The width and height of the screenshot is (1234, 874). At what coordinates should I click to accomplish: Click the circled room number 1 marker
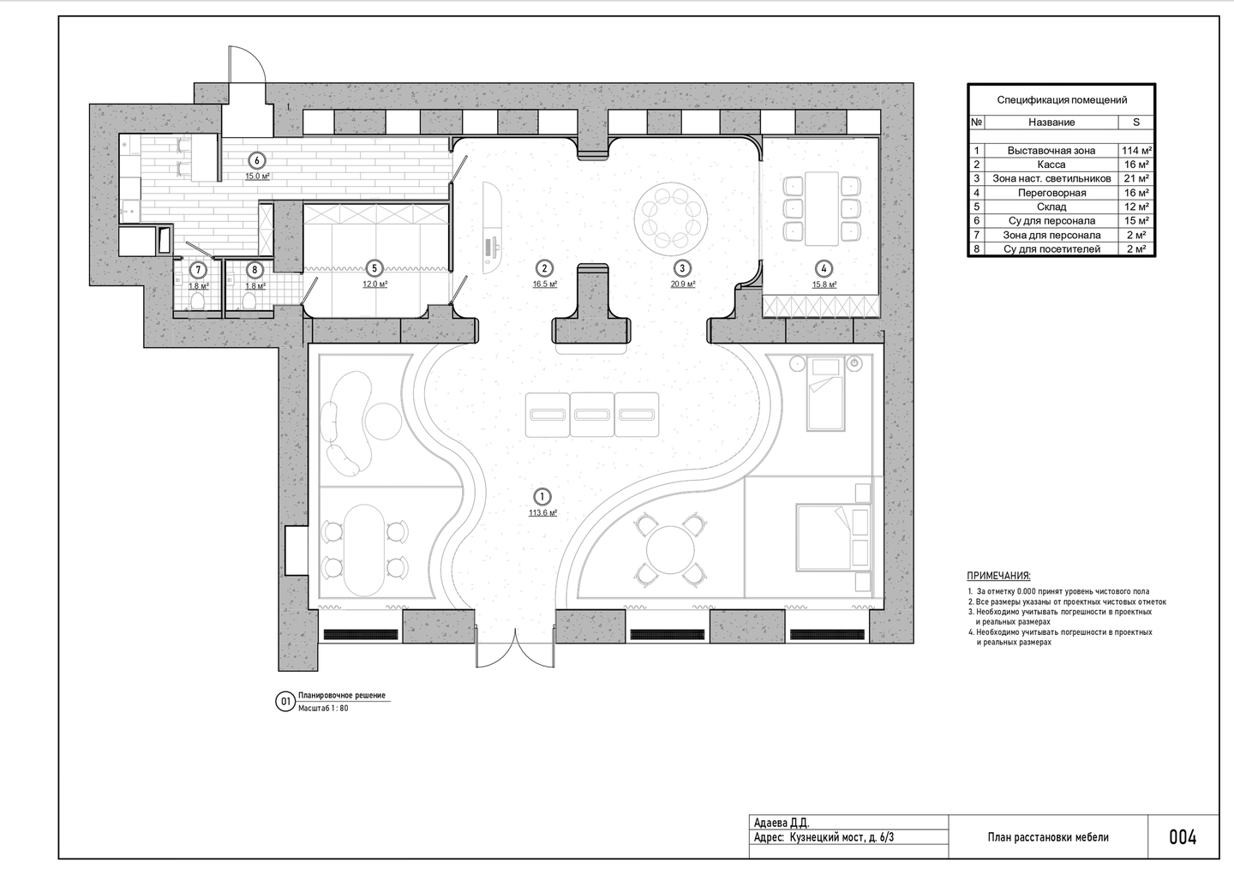542,497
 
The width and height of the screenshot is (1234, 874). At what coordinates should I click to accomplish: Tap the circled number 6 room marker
257,161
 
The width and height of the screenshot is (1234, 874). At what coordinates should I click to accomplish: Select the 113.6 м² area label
542,512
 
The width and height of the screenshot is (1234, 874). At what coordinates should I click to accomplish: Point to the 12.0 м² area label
374,284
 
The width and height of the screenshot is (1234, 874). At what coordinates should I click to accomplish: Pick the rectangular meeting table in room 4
821,208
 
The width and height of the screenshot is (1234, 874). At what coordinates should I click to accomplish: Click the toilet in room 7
198,302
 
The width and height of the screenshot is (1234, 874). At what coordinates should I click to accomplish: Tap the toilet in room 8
249,302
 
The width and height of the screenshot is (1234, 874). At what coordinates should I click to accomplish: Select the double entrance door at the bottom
515,648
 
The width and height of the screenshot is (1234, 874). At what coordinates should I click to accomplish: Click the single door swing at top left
248,65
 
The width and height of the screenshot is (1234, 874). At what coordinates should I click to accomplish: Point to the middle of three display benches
591,415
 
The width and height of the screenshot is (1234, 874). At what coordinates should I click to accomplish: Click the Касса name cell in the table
1051,165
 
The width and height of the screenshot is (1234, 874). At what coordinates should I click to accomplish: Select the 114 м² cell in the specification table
1135,150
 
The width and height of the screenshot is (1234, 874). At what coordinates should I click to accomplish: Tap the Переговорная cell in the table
1051,193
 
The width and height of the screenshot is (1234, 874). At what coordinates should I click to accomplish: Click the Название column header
1051,123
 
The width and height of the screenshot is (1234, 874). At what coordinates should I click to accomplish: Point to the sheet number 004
1183,838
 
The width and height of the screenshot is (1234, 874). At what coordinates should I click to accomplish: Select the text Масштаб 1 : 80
323,709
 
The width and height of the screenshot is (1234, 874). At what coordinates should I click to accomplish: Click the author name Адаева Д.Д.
782,823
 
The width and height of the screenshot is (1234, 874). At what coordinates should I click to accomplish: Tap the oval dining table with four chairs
364,550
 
